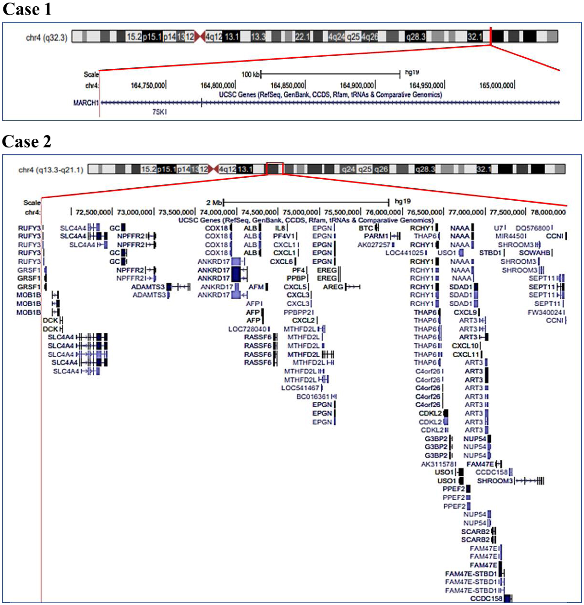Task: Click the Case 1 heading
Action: point(27,9)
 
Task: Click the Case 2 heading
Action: point(27,141)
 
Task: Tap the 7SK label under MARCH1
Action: point(159,112)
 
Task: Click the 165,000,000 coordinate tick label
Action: point(496,85)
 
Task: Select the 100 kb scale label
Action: point(251,75)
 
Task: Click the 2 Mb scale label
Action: point(214,203)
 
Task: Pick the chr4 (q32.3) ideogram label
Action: point(46,38)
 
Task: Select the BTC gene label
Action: point(366,228)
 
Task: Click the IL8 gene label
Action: point(280,228)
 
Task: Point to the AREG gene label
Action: point(333,287)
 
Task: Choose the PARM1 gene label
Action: point(376,236)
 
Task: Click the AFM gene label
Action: point(256,287)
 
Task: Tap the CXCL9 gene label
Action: point(465,312)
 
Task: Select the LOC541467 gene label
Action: point(300,388)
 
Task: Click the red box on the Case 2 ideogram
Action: point(274,169)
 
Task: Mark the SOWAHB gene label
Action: point(535,253)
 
